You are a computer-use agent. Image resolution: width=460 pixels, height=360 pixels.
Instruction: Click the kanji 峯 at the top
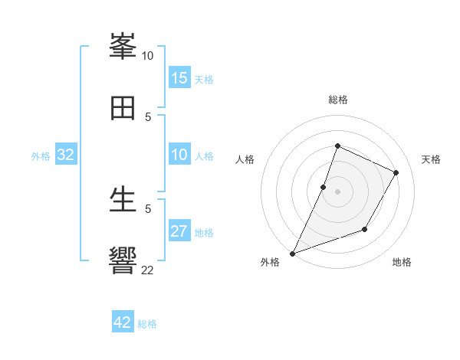(123, 47)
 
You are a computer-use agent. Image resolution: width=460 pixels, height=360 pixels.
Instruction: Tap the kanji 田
(123, 108)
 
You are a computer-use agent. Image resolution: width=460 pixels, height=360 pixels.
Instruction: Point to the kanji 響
(123, 260)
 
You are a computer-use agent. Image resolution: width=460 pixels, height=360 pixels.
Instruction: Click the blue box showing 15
(179, 78)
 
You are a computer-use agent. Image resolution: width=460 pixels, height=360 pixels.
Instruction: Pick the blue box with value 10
(179, 155)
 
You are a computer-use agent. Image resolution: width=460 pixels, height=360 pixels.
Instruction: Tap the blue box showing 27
(179, 232)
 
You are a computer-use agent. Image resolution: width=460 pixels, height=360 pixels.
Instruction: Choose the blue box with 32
(66, 155)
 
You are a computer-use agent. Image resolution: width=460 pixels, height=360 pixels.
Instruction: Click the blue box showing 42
(123, 322)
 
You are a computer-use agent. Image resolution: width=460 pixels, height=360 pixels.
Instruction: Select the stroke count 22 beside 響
(147, 270)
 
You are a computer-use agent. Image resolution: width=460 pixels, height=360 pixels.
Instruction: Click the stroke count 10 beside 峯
(147, 55)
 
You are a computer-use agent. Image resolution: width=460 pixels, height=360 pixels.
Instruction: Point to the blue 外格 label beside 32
(41, 156)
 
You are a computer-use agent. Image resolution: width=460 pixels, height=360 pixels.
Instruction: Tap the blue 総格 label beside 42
(147, 324)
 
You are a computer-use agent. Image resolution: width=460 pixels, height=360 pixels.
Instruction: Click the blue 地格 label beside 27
(204, 233)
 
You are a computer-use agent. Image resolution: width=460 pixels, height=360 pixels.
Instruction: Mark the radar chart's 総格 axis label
(337, 100)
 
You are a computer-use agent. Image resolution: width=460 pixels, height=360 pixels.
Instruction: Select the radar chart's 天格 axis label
(431, 159)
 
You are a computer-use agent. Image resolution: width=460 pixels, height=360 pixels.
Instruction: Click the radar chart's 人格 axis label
(245, 159)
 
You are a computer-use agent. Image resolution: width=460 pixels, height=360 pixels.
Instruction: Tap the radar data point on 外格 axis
(292, 254)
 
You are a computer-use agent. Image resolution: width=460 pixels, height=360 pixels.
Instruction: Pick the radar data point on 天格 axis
(396, 172)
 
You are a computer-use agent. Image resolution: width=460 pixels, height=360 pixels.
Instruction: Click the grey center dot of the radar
(337, 191)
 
